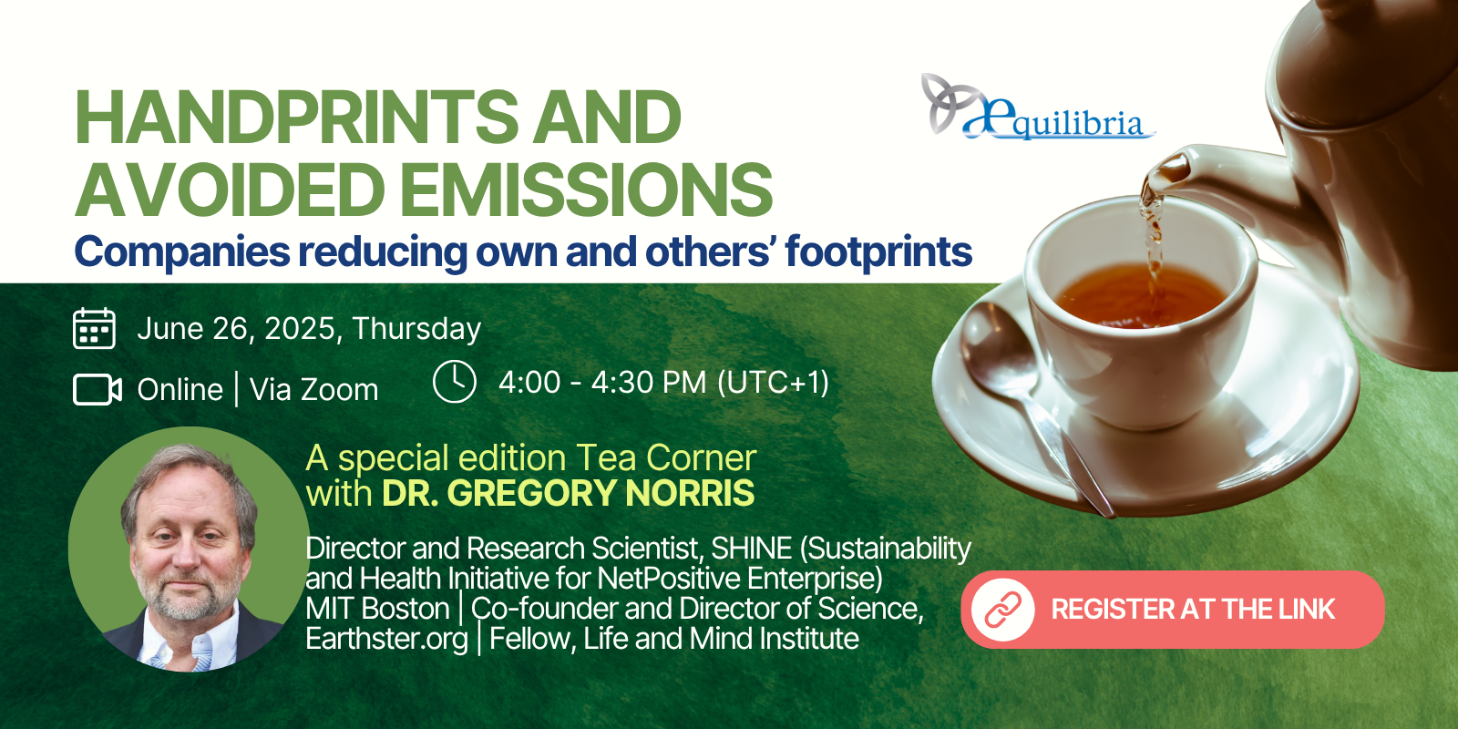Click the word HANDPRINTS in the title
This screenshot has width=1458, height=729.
296,117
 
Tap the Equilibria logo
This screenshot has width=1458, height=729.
1038,108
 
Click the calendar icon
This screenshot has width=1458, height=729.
95,328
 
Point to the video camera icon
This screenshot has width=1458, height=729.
97,389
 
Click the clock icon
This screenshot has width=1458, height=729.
455,382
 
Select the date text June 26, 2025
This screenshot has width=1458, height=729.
237,329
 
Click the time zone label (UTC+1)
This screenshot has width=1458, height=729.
774,382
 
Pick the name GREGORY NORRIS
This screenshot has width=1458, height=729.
601,493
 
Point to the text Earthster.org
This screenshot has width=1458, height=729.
386,639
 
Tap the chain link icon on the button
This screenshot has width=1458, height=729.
1003,610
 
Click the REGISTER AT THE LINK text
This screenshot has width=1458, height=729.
1193,610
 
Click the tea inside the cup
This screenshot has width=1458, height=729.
1140,294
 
